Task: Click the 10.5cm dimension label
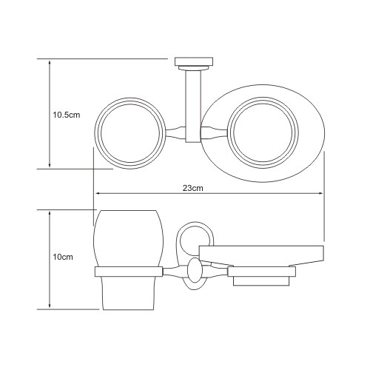pos(67,115)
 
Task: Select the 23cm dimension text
pos(193,188)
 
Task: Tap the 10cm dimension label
pos(63,257)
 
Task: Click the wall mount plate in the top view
pos(194,62)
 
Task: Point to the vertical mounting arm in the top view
pos(193,106)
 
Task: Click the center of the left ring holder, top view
pos(130,133)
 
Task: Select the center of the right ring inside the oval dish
pos(263,133)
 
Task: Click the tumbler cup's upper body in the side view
pos(129,238)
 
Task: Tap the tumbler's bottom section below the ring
pos(127,293)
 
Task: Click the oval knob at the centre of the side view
pos(195,270)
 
